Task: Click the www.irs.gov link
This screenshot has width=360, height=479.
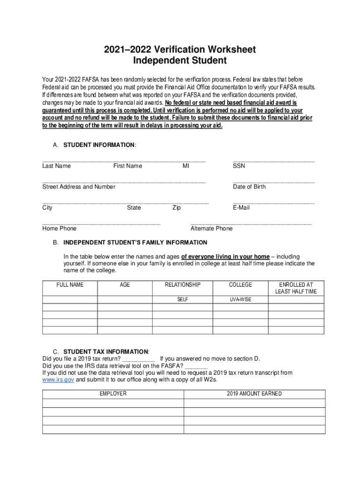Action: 58,380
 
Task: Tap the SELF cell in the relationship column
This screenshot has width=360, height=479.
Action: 183,299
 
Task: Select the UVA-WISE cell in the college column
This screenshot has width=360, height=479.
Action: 240,299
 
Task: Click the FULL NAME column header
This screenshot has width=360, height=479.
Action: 70,285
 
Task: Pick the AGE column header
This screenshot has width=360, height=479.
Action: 125,285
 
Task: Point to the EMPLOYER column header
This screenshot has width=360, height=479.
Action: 113,394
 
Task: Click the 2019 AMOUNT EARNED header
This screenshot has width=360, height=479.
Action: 254,394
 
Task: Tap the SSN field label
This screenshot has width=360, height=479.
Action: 239,166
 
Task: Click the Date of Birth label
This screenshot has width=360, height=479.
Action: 249,187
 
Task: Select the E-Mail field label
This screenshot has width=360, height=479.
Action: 241,208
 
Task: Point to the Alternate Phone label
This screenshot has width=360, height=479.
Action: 211,228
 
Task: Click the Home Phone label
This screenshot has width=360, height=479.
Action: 59,228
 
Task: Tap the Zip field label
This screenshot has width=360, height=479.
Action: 176,208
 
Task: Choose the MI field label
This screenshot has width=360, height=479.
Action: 186,166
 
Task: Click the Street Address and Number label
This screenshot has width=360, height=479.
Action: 79,187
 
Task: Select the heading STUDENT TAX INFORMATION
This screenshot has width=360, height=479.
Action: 106,351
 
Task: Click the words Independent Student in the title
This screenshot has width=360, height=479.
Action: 180,61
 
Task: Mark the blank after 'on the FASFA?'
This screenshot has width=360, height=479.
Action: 196,366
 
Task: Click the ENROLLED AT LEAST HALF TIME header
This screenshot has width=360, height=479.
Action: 296,288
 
